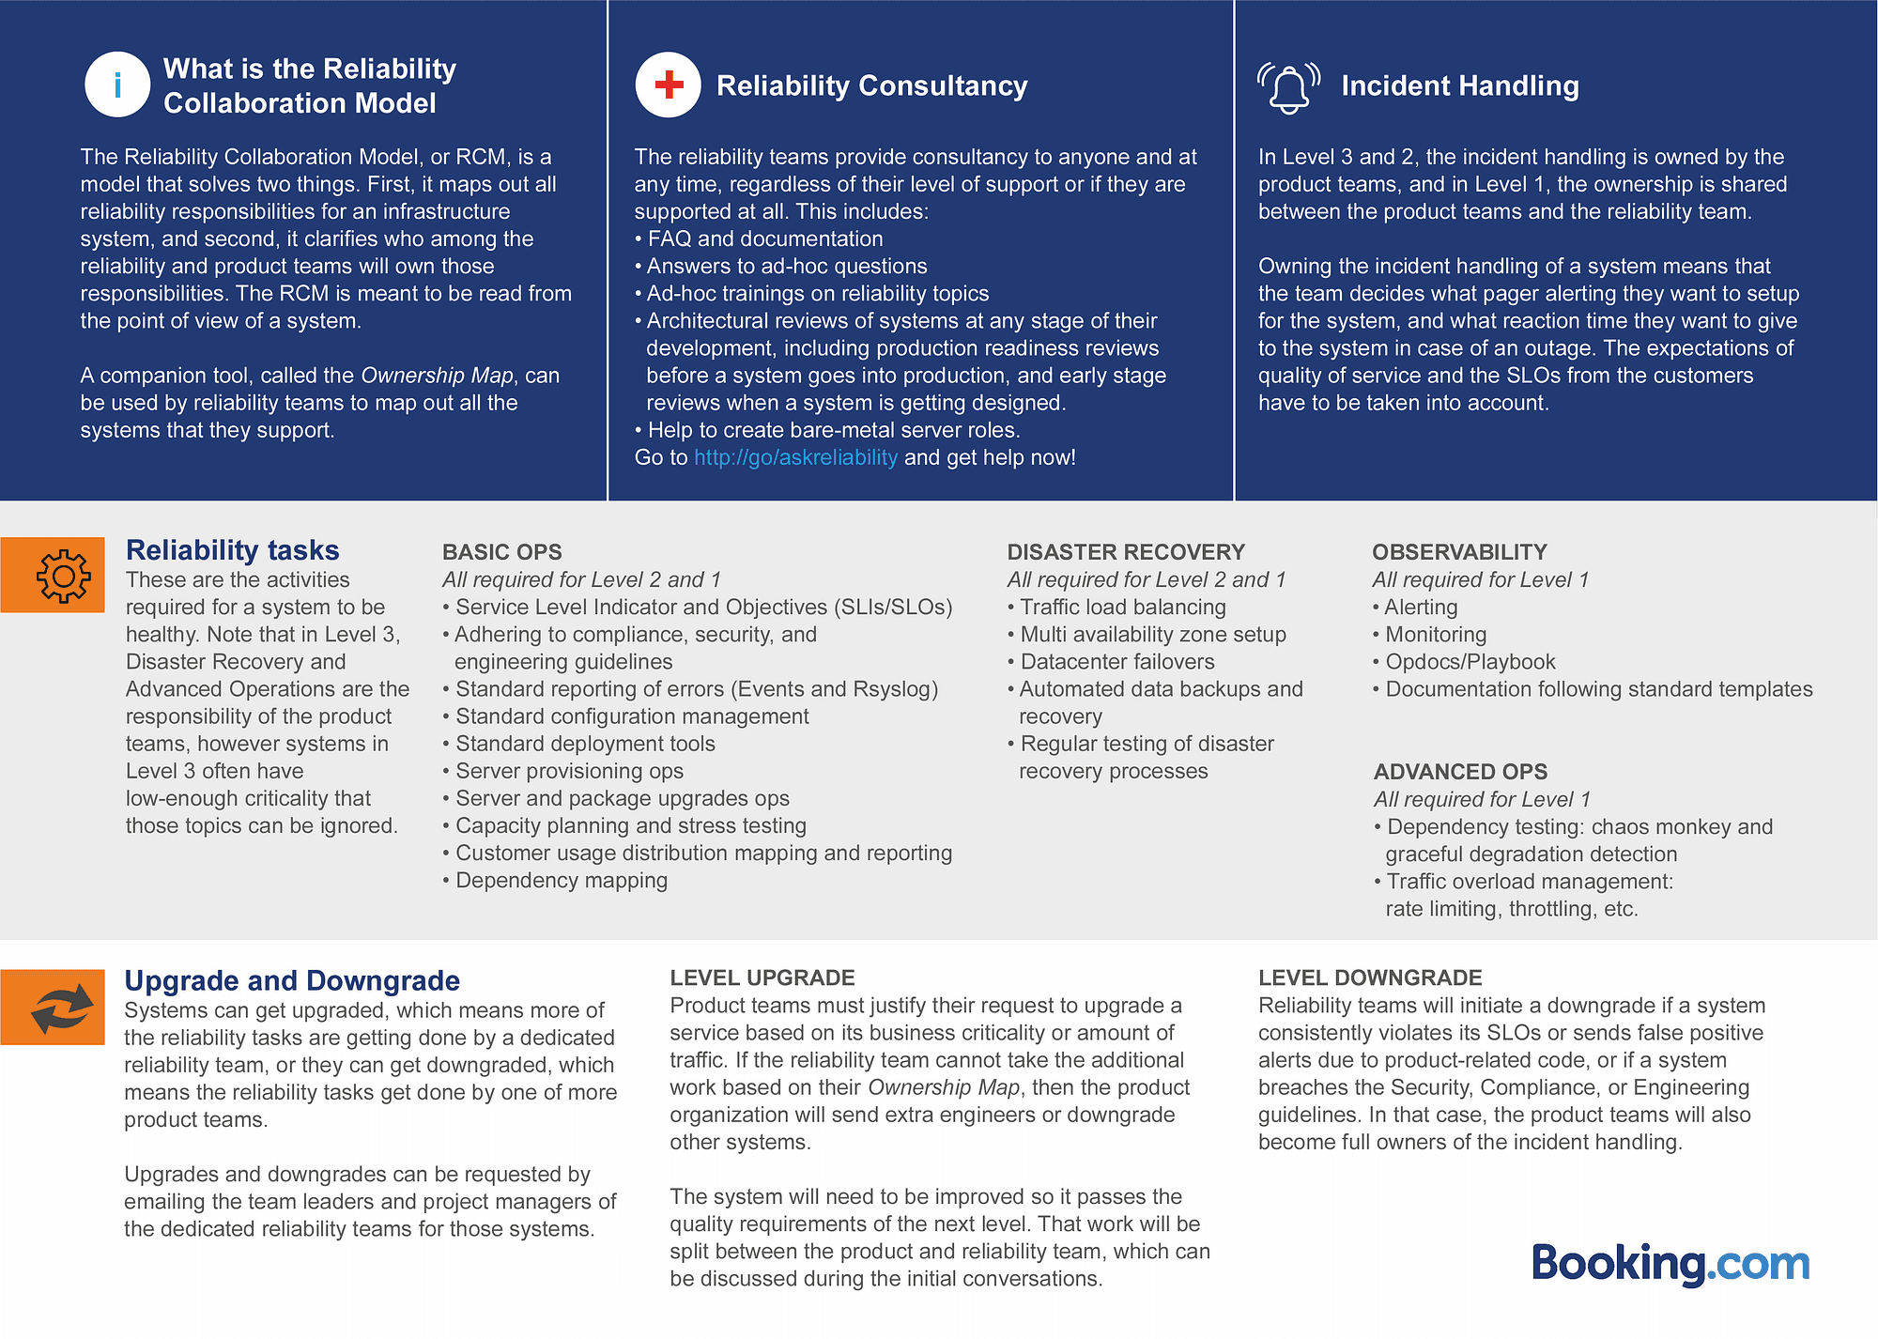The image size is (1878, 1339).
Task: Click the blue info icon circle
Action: pos(117,85)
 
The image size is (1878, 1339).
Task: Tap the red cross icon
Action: pos(668,85)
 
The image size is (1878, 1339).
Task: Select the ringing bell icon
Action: pos(1288,87)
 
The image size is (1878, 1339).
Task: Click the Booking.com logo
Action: pos(1670,1264)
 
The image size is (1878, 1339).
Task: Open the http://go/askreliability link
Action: pos(795,457)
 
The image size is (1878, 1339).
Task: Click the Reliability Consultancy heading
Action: pos(871,85)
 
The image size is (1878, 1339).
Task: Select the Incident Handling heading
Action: pos(1459,85)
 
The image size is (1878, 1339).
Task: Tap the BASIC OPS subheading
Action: pos(502,552)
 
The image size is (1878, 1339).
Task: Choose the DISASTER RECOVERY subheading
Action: pos(1126,552)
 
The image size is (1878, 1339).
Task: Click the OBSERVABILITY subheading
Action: pos(1459,552)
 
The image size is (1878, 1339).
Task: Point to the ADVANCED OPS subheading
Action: pos(1460,772)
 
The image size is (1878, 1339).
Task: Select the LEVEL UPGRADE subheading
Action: pos(762,977)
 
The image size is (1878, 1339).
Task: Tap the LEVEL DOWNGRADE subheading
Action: pos(1370,977)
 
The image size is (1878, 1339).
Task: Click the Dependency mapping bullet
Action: pos(562,881)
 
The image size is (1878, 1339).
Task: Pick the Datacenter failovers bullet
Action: pos(1116,662)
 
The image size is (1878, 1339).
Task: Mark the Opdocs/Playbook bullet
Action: pos(1470,662)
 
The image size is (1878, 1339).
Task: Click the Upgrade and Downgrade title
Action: pos(292,980)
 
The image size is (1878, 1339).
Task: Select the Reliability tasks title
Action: pos(233,550)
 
